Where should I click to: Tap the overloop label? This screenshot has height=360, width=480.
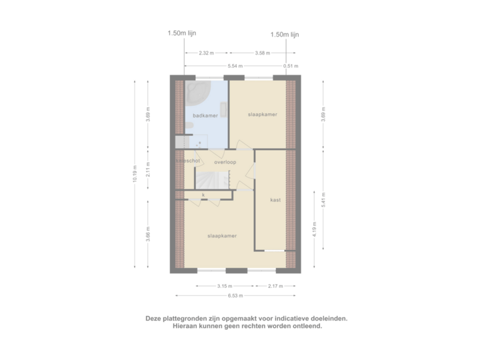pos(225,161)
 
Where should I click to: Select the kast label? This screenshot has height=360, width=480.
pos(275,200)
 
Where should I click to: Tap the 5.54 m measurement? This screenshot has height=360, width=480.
pos(235,66)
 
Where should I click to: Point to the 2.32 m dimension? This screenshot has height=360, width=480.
pos(207,53)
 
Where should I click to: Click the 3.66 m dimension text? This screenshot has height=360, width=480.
pos(148,234)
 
